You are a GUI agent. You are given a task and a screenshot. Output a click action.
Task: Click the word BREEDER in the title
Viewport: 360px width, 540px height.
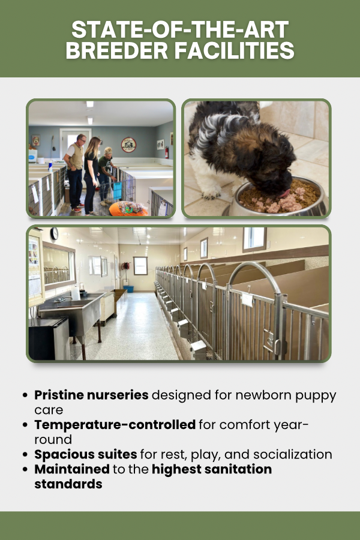tap(117, 50)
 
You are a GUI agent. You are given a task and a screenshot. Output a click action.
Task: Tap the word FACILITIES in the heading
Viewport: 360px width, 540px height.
tap(234, 50)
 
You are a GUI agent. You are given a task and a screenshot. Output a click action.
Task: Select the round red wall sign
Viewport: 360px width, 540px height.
tap(128, 145)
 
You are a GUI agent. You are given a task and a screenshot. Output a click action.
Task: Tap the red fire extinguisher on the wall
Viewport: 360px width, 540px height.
tap(167, 152)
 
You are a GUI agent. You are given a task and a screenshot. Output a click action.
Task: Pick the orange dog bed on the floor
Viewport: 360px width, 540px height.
tap(128, 209)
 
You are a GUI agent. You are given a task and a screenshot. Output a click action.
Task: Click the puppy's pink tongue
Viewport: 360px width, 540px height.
tap(285, 193)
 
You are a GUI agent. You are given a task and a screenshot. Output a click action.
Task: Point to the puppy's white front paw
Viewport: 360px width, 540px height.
tap(210, 195)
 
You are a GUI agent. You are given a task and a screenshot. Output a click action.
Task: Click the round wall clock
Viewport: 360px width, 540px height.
tap(54, 234)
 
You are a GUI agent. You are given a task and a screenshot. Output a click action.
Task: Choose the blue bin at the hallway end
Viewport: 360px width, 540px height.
tap(128, 289)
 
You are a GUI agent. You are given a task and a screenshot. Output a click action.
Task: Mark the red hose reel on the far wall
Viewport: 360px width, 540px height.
tap(126, 266)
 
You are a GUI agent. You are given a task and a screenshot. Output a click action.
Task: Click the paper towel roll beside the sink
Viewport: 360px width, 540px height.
tap(76, 293)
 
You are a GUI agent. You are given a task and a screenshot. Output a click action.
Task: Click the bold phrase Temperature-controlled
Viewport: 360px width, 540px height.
tap(115, 425)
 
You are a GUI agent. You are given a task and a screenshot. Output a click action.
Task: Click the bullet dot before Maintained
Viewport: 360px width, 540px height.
tap(25, 469)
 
